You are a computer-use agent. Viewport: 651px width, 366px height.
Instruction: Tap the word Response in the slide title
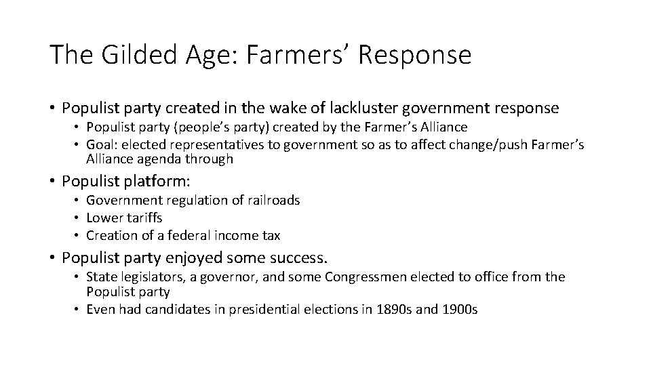tap(414, 55)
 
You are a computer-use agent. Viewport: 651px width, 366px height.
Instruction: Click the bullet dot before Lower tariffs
tap(78, 218)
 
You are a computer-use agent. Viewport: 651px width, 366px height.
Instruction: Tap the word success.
tap(300, 258)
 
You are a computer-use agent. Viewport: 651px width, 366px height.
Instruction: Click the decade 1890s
tap(393, 310)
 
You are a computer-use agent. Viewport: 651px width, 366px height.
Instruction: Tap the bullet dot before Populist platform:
tap(52, 181)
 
